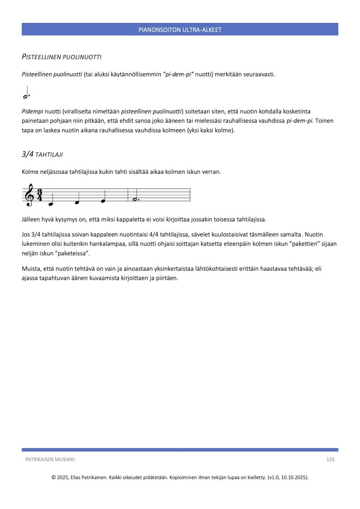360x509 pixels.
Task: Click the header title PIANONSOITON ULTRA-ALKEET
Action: click(180, 30)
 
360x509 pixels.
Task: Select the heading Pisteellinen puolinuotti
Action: click(62, 57)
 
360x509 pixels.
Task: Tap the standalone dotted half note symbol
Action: click(26, 93)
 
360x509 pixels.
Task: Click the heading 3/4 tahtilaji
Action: click(45, 154)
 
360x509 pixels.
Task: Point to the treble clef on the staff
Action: click(30, 195)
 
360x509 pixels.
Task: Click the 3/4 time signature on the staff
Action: click(40, 195)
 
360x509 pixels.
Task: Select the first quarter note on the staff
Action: click(51, 203)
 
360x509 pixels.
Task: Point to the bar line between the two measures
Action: click(128, 195)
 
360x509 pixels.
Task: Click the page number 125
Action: click(330, 459)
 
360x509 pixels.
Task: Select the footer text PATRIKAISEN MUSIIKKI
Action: click(50, 459)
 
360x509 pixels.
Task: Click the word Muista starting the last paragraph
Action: click(31, 268)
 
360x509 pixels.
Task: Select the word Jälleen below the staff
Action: click(31, 219)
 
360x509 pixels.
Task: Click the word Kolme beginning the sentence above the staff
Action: click(31, 172)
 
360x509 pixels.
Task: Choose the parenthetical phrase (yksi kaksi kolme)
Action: click(211, 130)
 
